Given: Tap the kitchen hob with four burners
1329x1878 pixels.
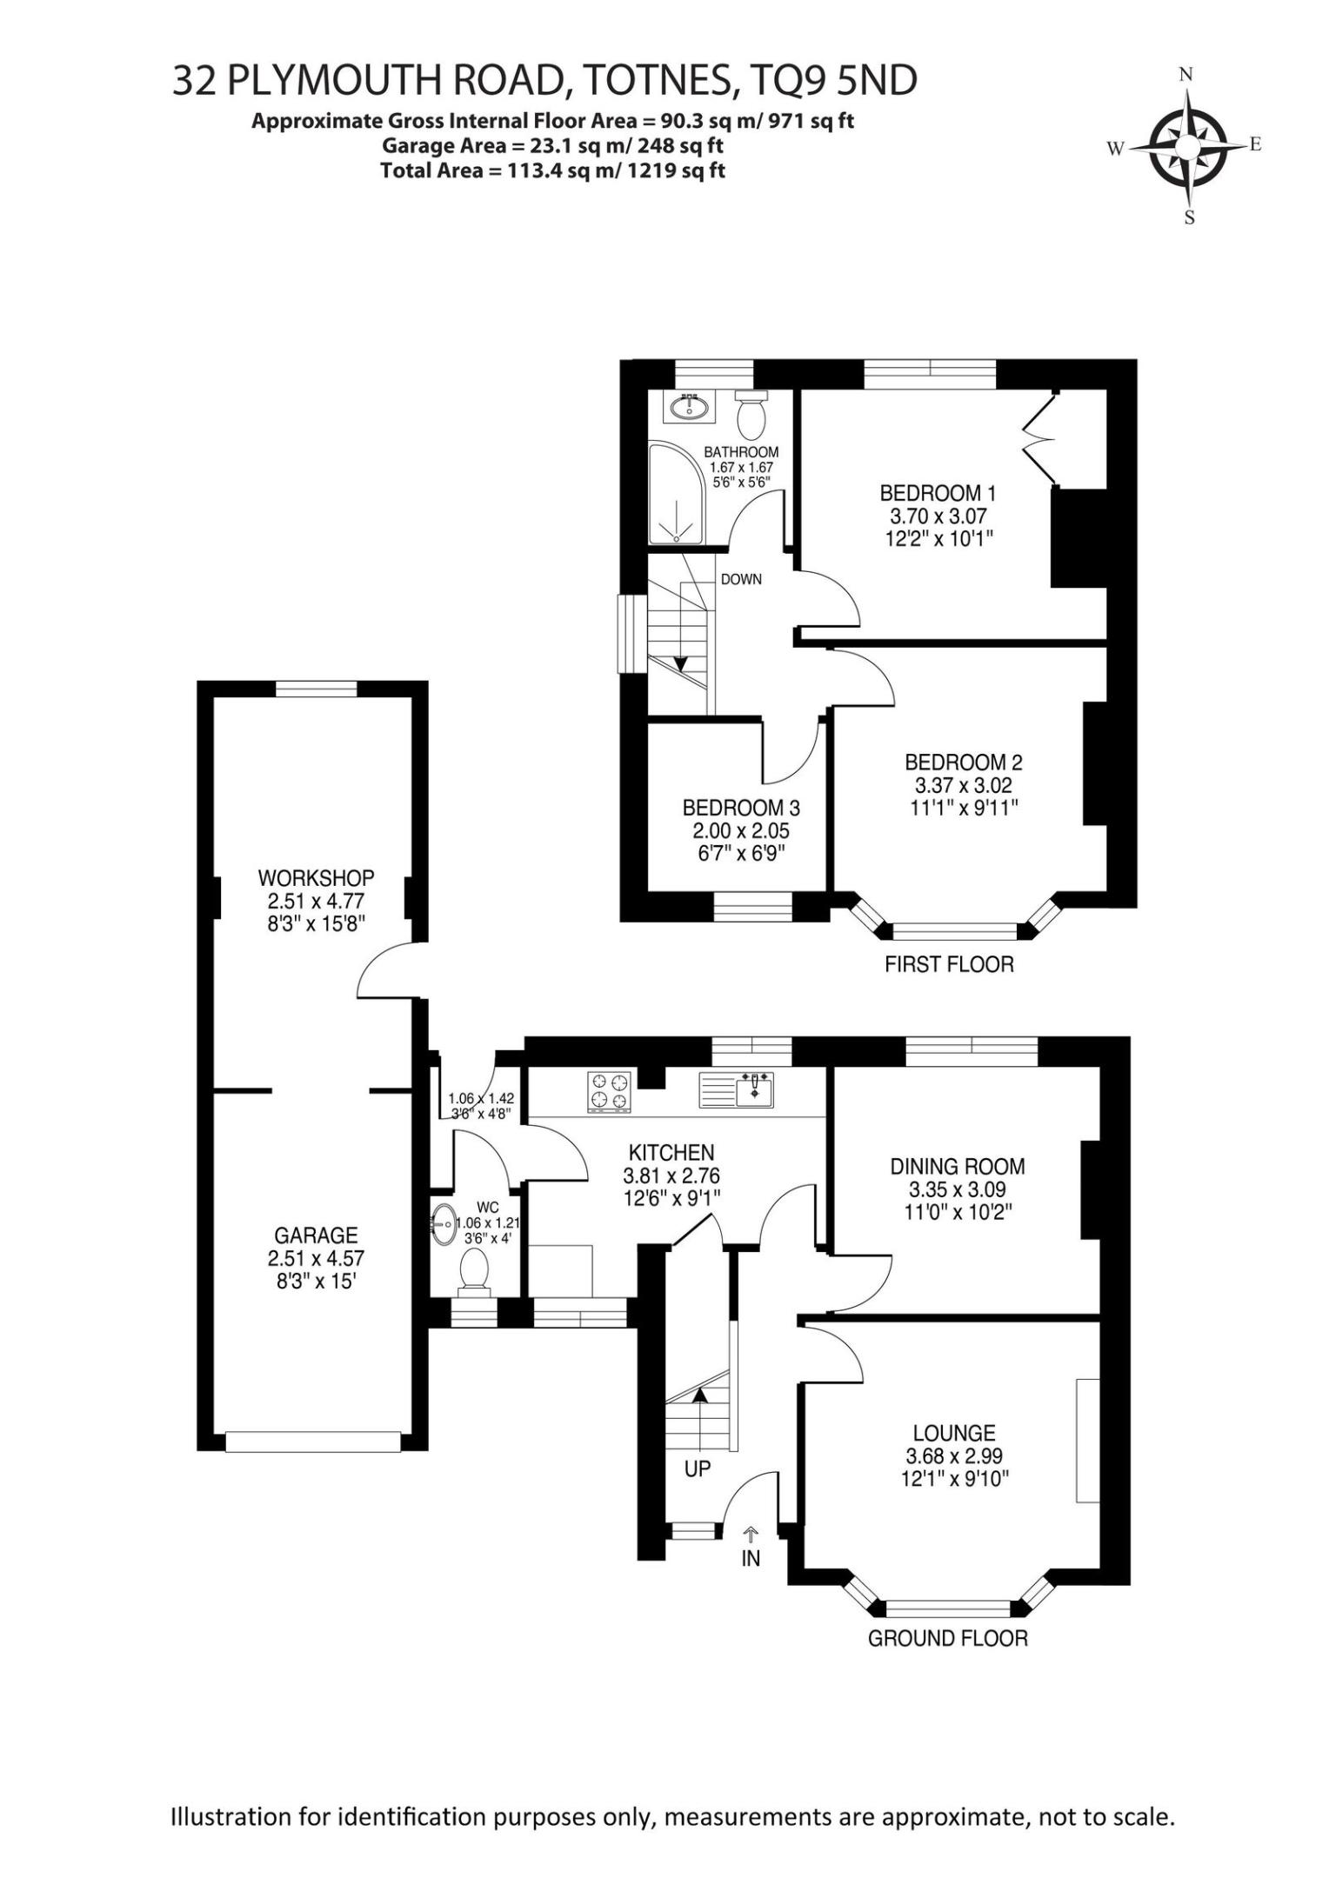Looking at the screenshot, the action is click(609, 1092).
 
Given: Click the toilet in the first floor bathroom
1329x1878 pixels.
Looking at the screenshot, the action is click(751, 414).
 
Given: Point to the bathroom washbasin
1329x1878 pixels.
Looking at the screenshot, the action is click(689, 406).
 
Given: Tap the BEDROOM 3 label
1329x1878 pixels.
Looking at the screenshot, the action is click(741, 808).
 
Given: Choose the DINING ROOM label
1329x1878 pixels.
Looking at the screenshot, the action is click(958, 1166).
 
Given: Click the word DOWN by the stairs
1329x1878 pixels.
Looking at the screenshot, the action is click(741, 579).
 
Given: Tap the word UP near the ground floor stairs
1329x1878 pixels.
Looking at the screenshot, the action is click(698, 1469).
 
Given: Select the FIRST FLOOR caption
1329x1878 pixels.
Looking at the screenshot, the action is click(949, 964).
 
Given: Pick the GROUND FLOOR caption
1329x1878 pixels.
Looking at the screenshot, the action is click(948, 1639).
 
